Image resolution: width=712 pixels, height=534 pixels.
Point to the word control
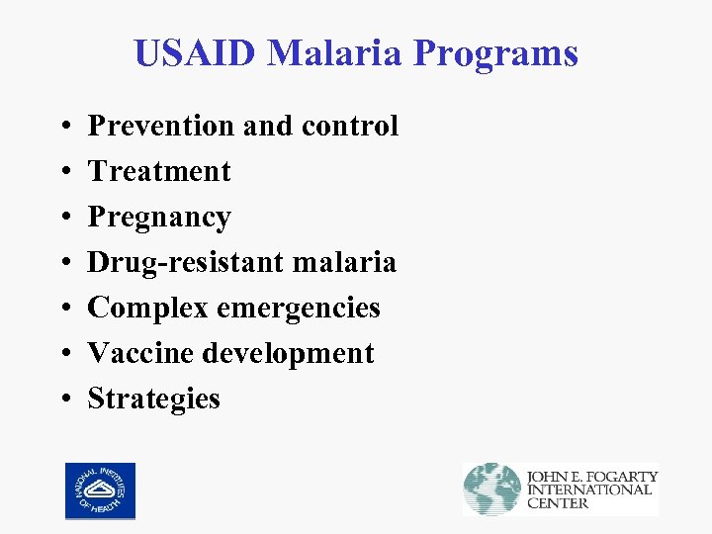click(350, 126)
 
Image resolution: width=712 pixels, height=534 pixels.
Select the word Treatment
click(159, 171)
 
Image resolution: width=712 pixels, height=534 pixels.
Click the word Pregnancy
click(159, 218)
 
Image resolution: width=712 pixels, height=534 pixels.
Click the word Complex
click(146, 308)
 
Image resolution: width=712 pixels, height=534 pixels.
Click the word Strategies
click(154, 399)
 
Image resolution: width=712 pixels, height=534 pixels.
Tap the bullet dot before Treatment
click(64, 172)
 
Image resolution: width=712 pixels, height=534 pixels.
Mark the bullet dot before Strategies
click(64, 400)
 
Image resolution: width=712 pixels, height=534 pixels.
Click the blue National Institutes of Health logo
click(100, 490)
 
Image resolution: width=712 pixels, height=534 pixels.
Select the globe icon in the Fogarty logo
click(492, 489)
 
